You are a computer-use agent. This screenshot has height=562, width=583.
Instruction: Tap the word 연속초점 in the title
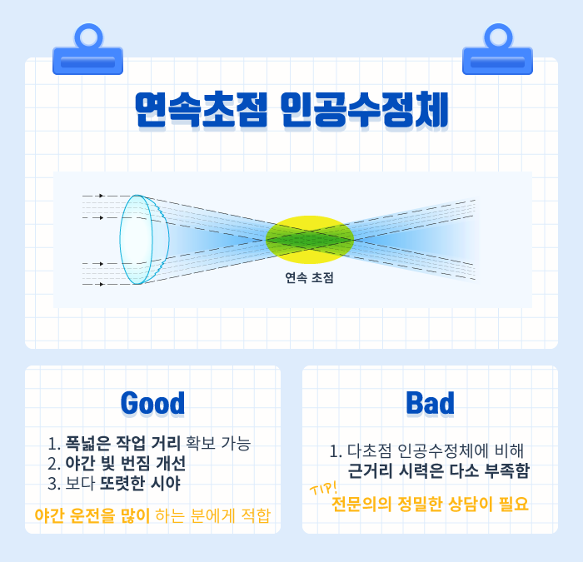pyautogui.click(x=202, y=110)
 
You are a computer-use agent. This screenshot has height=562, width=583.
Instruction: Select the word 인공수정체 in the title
pyautogui.click(x=365, y=110)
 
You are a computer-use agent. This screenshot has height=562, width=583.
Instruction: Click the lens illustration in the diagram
pyautogui.click(x=144, y=240)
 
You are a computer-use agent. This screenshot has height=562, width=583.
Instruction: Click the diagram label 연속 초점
pyautogui.click(x=309, y=277)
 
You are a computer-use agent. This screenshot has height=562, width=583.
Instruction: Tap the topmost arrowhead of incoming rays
pyautogui.click(x=101, y=196)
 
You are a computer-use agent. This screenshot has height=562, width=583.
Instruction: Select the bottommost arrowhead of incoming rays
pyautogui.click(x=101, y=285)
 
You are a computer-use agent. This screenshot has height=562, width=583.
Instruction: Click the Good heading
pyautogui.click(x=152, y=403)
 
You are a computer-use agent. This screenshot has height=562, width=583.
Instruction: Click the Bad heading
pyautogui.click(x=431, y=403)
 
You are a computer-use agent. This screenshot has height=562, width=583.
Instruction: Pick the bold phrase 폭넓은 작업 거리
pyautogui.click(x=123, y=443)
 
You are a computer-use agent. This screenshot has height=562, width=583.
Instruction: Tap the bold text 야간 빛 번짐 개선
pyautogui.click(x=126, y=463)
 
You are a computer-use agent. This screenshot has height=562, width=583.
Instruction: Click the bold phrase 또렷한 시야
pyautogui.click(x=141, y=483)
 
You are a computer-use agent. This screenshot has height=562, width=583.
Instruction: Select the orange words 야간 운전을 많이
pyautogui.click(x=92, y=515)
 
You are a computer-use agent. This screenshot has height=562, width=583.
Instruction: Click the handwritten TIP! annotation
pyautogui.click(x=324, y=488)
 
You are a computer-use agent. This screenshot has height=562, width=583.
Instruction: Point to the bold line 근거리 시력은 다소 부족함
pyautogui.click(x=438, y=471)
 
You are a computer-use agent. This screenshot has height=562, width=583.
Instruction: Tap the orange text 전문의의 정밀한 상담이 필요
pyautogui.click(x=430, y=504)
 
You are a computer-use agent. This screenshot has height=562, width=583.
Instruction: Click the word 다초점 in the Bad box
pyautogui.click(x=370, y=451)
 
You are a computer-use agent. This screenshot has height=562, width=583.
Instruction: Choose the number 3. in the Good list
pyautogui.click(x=54, y=484)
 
